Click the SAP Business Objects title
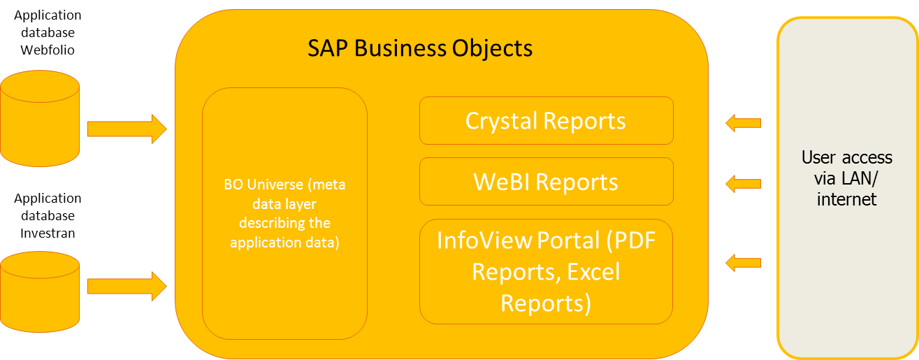[420, 48]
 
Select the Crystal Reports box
[546, 121]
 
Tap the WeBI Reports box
[546, 182]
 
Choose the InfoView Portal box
[546, 272]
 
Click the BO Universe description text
[284, 213]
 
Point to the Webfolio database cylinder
[40, 119]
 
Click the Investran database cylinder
[40, 292]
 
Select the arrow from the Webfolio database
[126, 129]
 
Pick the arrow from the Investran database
[126, 286]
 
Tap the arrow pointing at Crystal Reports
[743, 123]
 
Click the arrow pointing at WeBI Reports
[743, 184]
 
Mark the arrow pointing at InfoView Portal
[743, 263]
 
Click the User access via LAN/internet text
[847, 178]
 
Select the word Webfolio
[48, 50]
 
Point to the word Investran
[48, 233]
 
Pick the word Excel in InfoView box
[593, 272]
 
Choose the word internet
[847, 199]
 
